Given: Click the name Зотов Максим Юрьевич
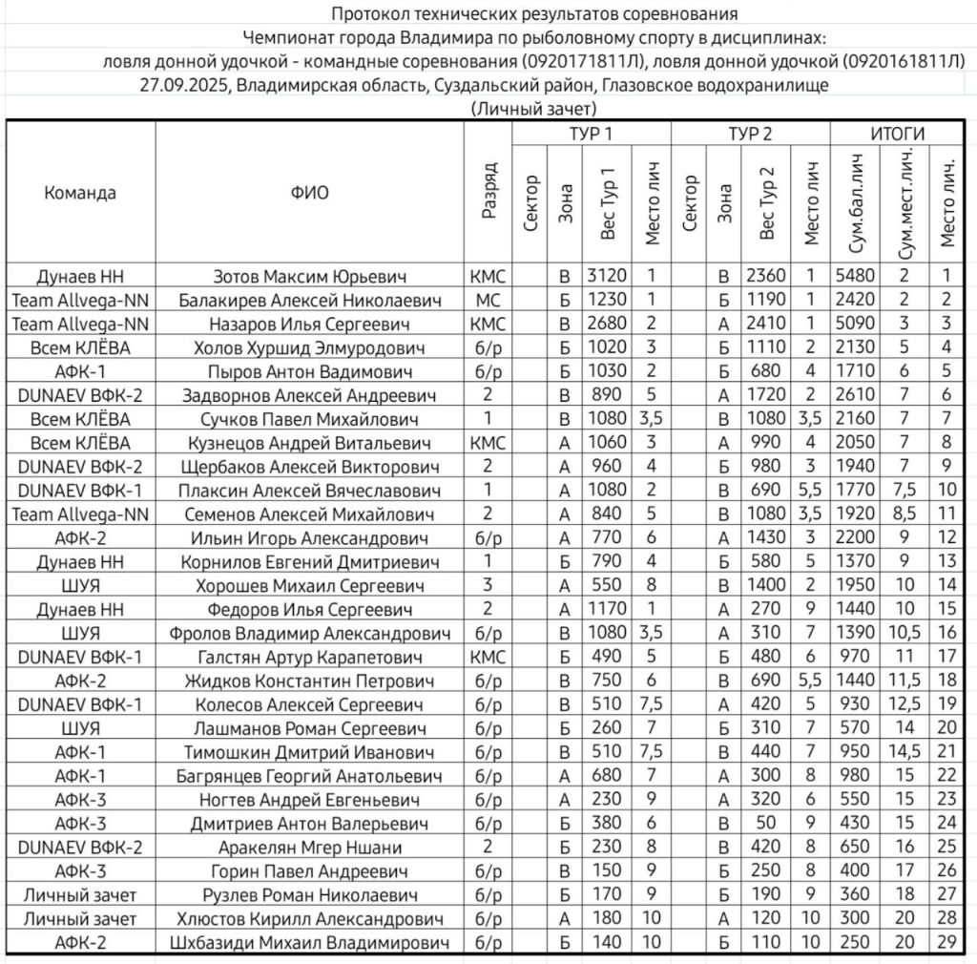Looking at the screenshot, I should (309, 277).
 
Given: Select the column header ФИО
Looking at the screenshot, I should (309, 192).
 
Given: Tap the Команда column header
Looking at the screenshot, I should (80, 192).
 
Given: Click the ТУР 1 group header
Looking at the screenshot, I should (592, 134).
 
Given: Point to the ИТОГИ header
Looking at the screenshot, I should (897, 134).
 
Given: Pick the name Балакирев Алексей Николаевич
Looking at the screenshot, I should (309, 301).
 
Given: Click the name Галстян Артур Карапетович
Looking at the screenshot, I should (309, 658).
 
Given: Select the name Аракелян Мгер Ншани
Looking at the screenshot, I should (309, 848).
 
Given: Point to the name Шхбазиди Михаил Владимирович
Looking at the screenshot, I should (309, 943).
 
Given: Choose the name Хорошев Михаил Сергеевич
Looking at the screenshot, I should (309, 586).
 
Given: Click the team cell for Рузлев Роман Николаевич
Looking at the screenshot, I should (80, 895).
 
